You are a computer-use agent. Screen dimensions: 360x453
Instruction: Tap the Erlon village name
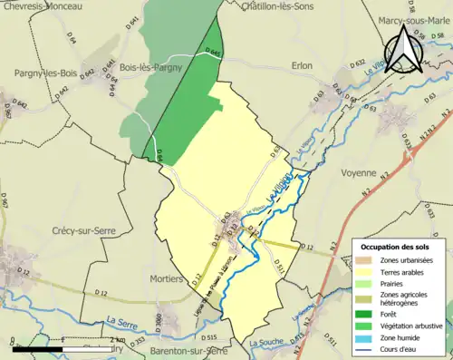tap(302, 65)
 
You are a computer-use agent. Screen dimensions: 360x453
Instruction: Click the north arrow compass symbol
tap(403, 49)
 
